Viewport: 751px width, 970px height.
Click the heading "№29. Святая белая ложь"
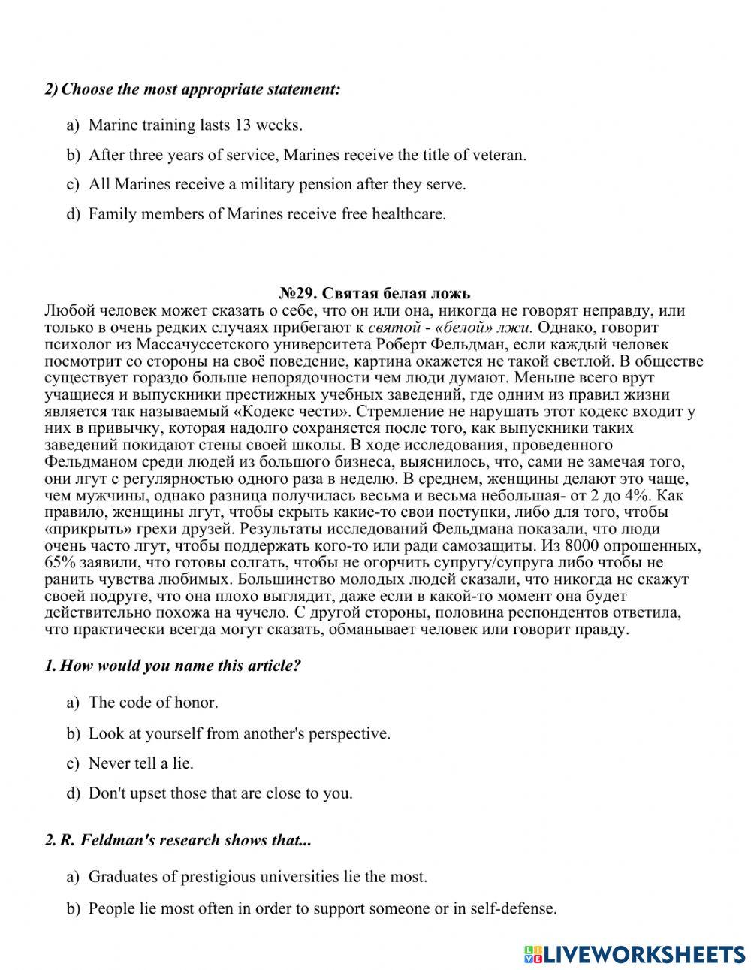click(x=375, y=293)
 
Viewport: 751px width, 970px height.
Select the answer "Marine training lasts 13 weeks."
click(x=195, y=125)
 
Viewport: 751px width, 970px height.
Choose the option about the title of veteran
click(x=307, y=155)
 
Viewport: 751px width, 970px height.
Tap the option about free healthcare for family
click(x=267, y=214)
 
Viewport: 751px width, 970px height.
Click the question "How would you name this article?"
click(x=179, y=666)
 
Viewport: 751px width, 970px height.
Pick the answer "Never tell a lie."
click(x=140, y=763)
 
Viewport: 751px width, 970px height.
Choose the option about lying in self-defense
click(x=322, y=908)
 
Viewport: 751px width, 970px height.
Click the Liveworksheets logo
click(x=635, y=953)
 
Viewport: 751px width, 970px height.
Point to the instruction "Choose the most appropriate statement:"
click(x=201, y=89)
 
